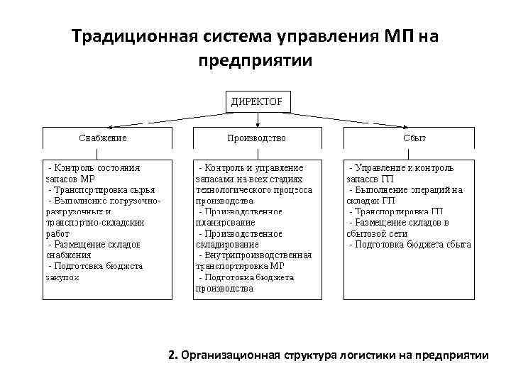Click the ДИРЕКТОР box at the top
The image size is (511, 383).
(x=256, y=101)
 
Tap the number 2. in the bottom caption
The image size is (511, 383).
(x=174, y=355)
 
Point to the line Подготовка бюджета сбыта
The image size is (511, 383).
(x=410, y=244)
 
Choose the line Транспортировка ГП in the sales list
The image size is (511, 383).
(x=396, y=211)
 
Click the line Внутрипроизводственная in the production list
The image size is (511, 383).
(x=255, y=255)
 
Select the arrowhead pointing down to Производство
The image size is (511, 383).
(x=256, y=126)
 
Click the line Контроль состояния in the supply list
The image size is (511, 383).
(x=94, y=168)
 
